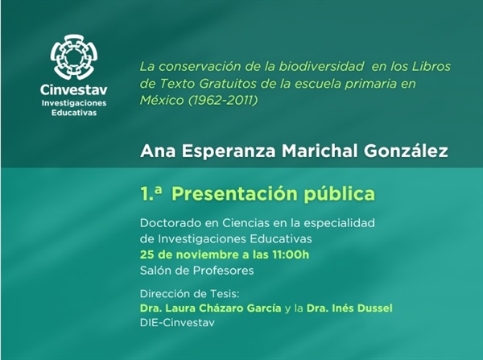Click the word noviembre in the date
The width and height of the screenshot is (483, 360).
tap(204, 256)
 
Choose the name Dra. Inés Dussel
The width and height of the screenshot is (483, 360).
tap(344, 308)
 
